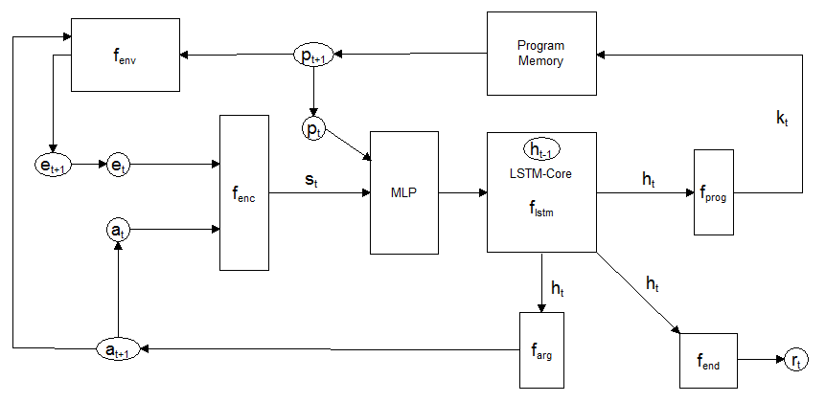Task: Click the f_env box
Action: (x=126, y=55)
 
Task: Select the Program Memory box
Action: (x=541, y=54)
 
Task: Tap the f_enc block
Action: (x=244, y=192)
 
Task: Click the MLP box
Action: (x=404, y=192)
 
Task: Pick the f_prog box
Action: (x=714, y=192)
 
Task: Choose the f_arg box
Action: (x=541, y=349)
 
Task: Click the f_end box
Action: (x=708, y=361)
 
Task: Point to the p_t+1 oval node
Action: (x=313, y=56)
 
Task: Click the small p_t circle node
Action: (x=312, y=129)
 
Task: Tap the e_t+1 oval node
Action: (x=52, y=165)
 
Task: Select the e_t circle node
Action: (x=118, y=165)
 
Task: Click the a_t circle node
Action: (x=118, y=231)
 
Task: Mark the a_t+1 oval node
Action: (x=119, y=348)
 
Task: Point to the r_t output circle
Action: (x=795, y=360)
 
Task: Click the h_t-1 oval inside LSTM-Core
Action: (x=541, y=149)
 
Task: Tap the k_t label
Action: (x=781, y=119)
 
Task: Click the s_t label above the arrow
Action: (x=312, y=180)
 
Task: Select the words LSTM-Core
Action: (x=541, y=173)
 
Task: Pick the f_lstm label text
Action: (x=541, y=212)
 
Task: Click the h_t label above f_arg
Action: (x=558, y=288)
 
